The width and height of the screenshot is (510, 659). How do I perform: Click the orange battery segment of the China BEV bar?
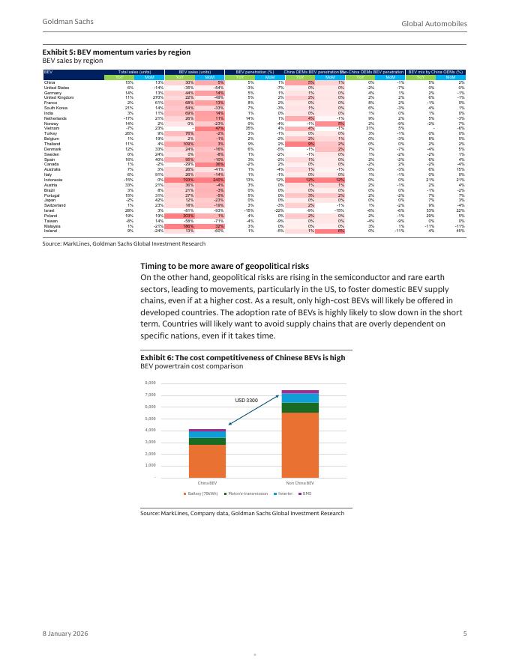coord(208,455)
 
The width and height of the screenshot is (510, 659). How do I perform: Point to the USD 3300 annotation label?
coord(246,401)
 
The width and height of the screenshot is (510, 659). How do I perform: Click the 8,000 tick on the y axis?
coord(150,383)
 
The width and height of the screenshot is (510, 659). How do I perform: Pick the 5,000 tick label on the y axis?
coord(150,419)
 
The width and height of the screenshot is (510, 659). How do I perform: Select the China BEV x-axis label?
coord(208,483)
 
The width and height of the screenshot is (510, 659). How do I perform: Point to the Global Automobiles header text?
coord(434,25)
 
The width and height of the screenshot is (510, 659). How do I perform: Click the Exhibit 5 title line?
coord(116,52)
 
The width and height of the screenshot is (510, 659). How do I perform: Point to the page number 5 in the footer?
coord(465,634)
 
